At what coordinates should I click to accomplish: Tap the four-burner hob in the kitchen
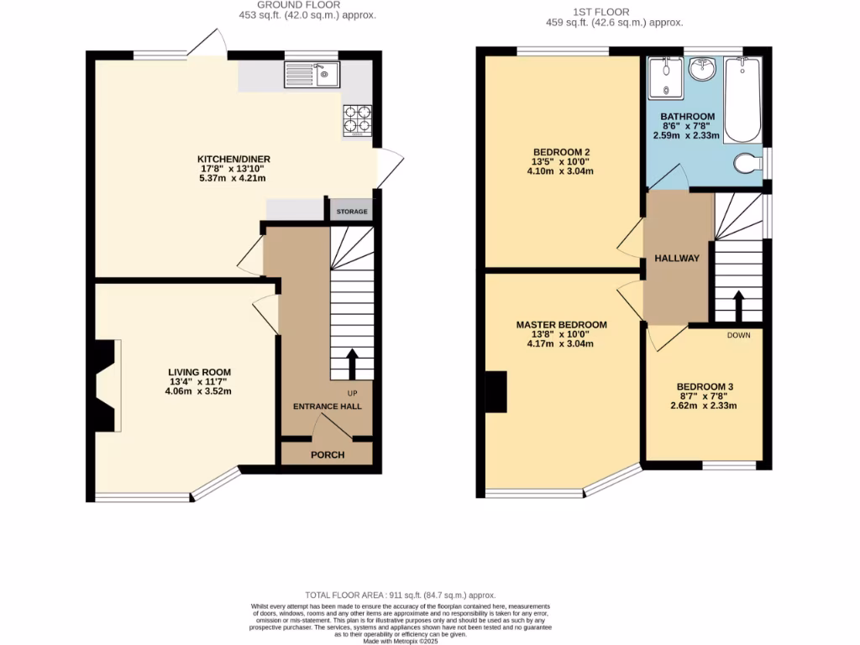tap(357, 120)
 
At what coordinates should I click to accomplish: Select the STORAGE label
tap(352, 212)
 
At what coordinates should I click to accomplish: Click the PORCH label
tap(328, 455)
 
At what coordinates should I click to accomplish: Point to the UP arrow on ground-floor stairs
tap(352, 365)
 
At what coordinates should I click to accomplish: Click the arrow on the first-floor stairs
tap(738, 307)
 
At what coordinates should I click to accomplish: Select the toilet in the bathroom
tap(747, 162)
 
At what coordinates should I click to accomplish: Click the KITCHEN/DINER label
tap(233, 159)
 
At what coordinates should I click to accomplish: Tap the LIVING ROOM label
tap(199, 372)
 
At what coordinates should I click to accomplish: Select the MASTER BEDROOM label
tap(561, 324)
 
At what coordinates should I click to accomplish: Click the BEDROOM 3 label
tap(705, 387)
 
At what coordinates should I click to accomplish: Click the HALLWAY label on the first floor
tap(676, 258)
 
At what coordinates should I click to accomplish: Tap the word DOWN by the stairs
tap(738, 334)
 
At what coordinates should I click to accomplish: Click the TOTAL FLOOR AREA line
tap(400, 594)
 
